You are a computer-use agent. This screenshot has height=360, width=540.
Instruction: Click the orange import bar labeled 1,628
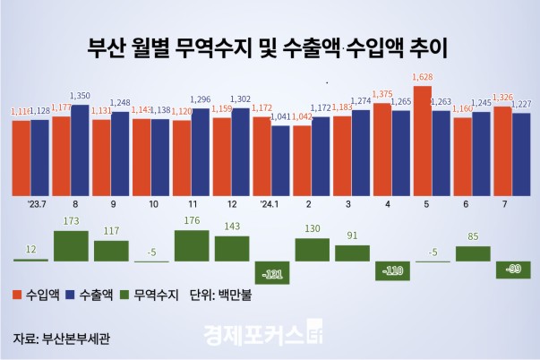tap(422, 140)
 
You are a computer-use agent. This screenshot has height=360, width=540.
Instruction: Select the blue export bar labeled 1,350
tap(80, 150)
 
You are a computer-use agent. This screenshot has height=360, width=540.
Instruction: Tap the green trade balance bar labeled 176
tap(192, 245)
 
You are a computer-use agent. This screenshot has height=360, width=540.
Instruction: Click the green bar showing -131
tap(272, 271)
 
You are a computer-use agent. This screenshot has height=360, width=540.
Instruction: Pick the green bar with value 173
tap(72, 245)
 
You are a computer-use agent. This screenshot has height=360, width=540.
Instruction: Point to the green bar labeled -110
tap(393, 270)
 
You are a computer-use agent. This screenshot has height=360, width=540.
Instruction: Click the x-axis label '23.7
tap(38, 204)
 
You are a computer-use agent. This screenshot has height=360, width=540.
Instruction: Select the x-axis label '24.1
tap(270, 204)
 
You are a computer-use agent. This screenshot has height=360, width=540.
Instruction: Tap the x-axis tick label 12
tap(230, 204)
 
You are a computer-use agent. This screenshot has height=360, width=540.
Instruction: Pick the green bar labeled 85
tap(474, 253)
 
